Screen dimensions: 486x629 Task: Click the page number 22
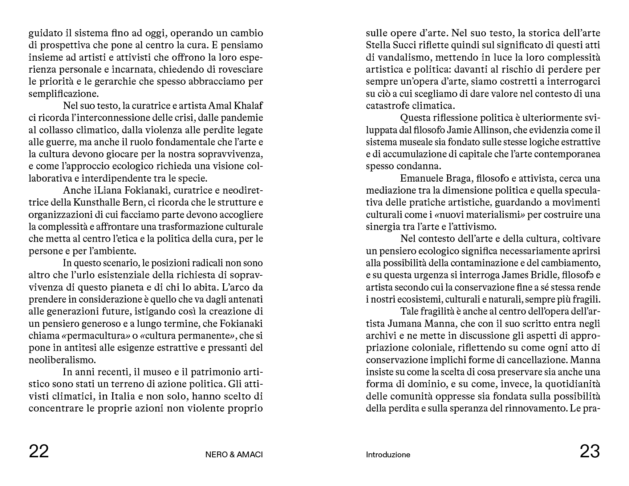click(38, 451)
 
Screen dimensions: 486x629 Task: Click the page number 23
click(589, 451)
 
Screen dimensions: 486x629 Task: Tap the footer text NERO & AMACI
click(234, 455)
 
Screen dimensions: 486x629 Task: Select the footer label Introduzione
click(388, 455)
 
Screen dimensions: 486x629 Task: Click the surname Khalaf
click(249, 106)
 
